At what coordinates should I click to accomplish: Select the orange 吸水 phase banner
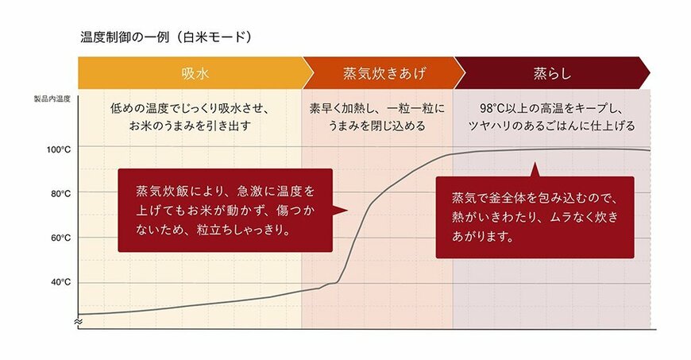click(190, 73)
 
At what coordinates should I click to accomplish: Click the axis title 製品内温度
click(52, 99)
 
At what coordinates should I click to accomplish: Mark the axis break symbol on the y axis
click(78, 321)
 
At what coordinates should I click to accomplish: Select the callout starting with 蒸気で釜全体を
click(534, 216)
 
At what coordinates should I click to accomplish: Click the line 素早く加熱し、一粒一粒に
click(377, 108)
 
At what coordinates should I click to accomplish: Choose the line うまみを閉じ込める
click(377, 126)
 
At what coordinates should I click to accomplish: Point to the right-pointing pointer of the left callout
click(339, 210)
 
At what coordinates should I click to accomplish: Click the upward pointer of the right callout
click(535, 169)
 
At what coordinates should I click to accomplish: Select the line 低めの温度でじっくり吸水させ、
click(191, 108)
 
